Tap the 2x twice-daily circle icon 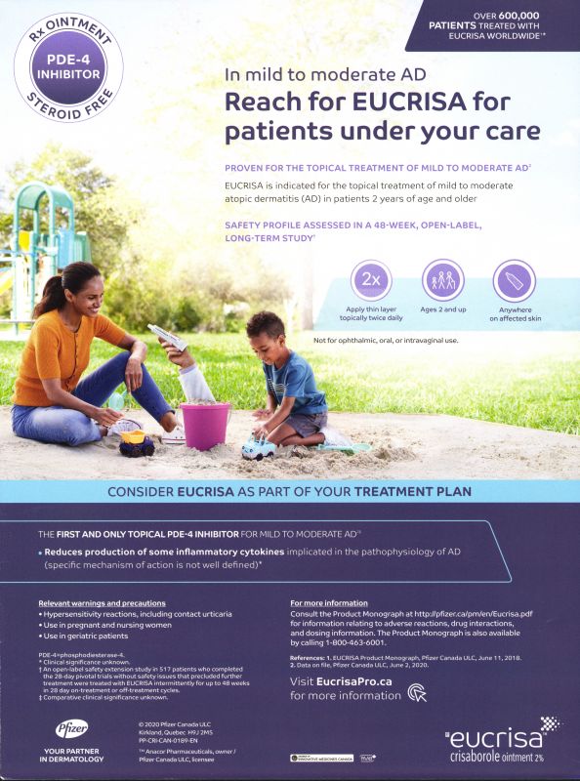point(370,280)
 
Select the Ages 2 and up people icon point(442,280)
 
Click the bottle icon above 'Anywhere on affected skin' point(515,280)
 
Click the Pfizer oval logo point(71,728)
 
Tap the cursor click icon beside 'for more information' point(418,694)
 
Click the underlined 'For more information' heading point(329,603)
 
